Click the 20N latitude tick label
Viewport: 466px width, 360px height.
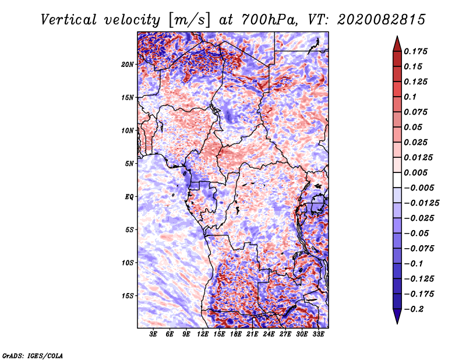click(128, 64)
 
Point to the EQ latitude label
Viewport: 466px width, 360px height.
click(129, 197)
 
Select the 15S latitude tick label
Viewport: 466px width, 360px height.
click(128, 296)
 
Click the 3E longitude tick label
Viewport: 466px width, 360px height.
click(153, 335)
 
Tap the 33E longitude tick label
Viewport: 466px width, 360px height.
click(318, 335)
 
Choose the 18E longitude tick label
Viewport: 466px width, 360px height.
click(236, 335)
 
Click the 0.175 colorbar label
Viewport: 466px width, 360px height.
click(417, 51)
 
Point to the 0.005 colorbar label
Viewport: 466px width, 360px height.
click(417, 172)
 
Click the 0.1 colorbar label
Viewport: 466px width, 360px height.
click(411, 97)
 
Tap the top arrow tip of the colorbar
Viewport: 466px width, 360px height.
click(396, 38)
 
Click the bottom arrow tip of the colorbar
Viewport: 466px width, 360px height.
click(396, 322)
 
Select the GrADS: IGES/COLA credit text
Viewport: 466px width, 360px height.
click(33, 355)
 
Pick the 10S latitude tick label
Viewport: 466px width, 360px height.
click(128, 263)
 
